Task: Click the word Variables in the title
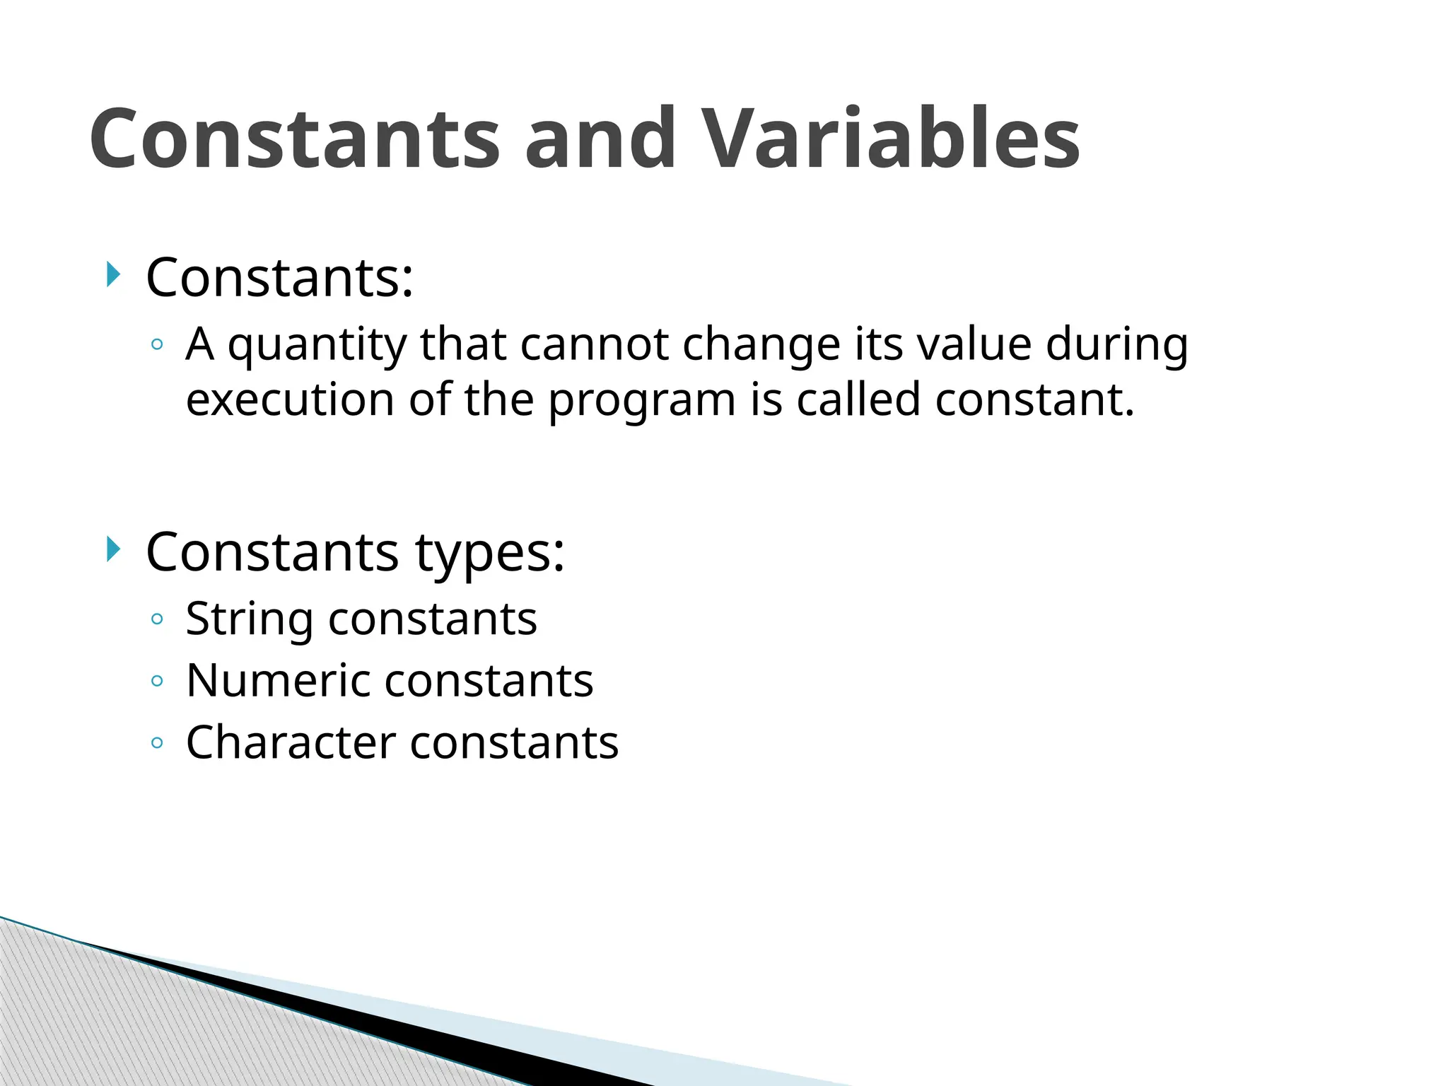[x=892, y=139]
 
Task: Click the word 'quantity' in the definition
[x=317, y=346]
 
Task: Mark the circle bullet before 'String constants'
[x=157, y=620]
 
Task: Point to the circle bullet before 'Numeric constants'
[x=157, y=682]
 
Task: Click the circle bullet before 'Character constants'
[x=157, y=743]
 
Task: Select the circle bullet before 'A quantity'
[x=157, y=346]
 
